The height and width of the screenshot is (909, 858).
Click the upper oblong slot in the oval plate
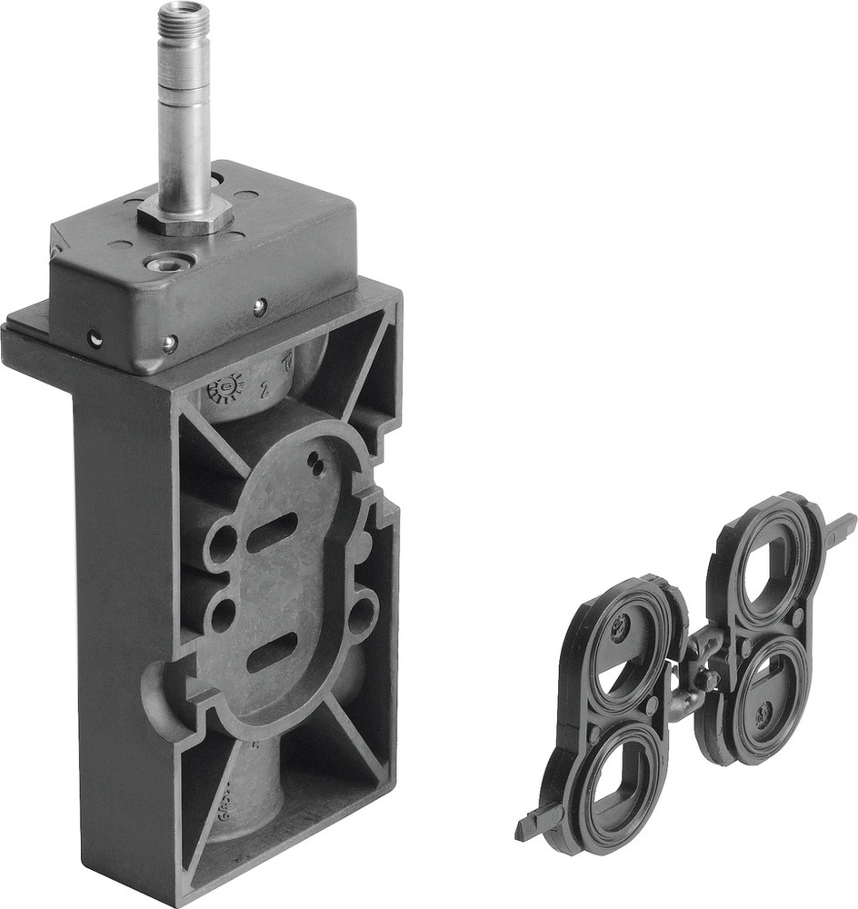[x=272, y=531]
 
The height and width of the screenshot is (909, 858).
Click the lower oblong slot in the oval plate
[x=273, y=652]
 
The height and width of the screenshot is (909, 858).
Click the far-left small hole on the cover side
[x=95, y=338]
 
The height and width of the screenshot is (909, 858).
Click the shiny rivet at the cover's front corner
[x=169, y=343]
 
